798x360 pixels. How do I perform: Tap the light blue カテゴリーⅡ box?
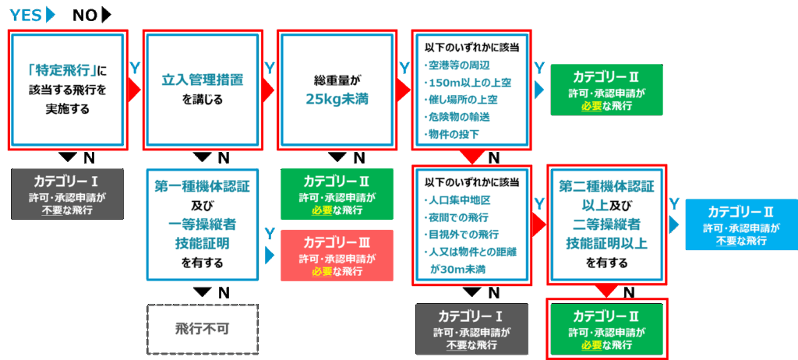click(x=740, y=225)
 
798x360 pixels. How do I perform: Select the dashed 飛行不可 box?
click(x=203, y=328)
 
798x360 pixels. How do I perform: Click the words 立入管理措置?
click(x=203, y=80)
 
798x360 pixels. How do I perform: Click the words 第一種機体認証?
click(x=203, y=186)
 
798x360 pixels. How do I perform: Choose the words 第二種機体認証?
click(x=606, y=187)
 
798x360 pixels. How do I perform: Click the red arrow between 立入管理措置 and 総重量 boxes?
click(x=270, y=90)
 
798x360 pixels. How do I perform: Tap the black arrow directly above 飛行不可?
click(x=203, y=292)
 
